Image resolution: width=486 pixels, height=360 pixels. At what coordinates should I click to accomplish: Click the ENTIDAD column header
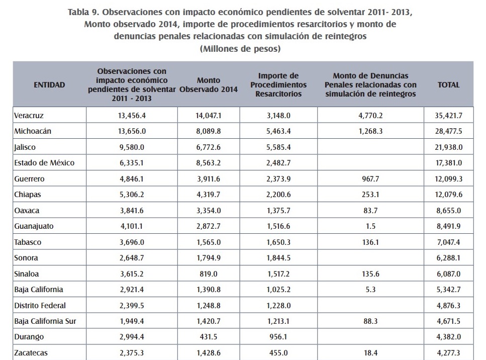coord(49,84)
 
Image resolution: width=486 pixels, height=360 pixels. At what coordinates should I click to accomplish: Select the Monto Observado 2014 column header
coord(209,84)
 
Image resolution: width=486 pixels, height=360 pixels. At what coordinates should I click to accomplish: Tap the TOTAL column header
coord(448,84)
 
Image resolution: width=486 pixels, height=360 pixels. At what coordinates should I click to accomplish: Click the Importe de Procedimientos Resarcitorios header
coord(278,84)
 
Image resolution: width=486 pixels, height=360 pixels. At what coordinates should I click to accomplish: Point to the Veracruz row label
coord(29,116)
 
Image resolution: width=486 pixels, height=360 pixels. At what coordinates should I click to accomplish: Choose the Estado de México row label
coord(44,163)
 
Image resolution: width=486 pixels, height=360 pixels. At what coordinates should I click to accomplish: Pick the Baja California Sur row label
coord(45,321)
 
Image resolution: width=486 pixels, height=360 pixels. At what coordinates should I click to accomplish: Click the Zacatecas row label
coord(31,352)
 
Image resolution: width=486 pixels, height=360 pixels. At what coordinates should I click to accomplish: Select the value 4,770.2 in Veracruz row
coord(370,116)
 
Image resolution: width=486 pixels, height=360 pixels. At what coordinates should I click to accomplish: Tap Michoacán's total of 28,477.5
coord(448,131)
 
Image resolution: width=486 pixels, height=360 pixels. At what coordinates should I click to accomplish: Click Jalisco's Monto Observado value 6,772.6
coord(209,147)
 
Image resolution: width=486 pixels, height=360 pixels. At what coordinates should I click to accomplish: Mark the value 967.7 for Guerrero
coord(370,178)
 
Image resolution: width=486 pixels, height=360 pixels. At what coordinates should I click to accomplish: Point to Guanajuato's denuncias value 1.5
coord(370,226)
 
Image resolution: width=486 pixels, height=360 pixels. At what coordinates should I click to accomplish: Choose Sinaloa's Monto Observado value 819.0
coord(209,274)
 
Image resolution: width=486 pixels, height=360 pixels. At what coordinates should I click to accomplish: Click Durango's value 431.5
coord(209,337)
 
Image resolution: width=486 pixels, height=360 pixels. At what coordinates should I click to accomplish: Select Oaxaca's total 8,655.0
coord(448,211)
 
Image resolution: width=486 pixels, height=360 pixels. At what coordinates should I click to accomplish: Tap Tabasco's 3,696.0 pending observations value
coord(132,242)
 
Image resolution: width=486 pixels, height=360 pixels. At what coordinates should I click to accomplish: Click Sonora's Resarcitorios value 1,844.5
coord(278,257)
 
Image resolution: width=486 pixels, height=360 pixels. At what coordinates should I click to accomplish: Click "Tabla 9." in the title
coord(83,12)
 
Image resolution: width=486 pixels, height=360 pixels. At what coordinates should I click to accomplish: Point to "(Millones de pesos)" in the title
coord(240,49)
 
